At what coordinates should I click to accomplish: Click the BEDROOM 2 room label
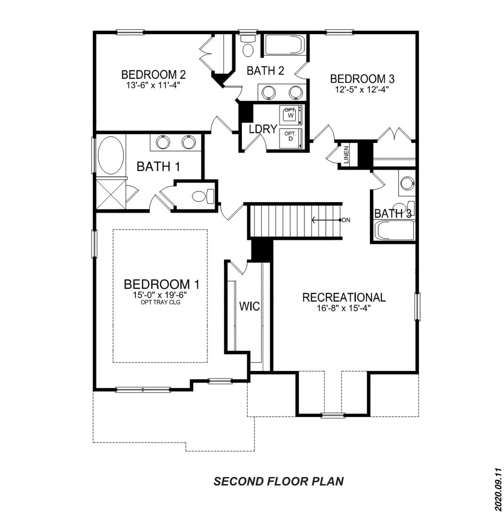153,75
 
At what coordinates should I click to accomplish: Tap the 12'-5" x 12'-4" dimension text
362,89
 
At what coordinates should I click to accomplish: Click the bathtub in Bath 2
284,45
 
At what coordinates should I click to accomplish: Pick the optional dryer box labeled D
291,138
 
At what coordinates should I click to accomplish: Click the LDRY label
263,129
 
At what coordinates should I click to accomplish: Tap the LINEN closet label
346,155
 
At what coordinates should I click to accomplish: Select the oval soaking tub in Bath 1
111,155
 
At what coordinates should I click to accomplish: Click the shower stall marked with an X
111,194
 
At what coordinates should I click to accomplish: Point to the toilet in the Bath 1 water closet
203,196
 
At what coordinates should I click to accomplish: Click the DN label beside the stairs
346,220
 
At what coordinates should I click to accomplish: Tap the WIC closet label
249,306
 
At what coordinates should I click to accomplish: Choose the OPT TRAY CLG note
160,302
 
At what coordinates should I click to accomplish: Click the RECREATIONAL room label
344,297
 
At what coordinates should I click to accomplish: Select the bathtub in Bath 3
396,230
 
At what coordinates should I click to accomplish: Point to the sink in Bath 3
407,183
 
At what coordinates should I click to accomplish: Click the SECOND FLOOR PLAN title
278,481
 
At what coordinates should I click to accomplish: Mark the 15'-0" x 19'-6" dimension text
160,295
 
